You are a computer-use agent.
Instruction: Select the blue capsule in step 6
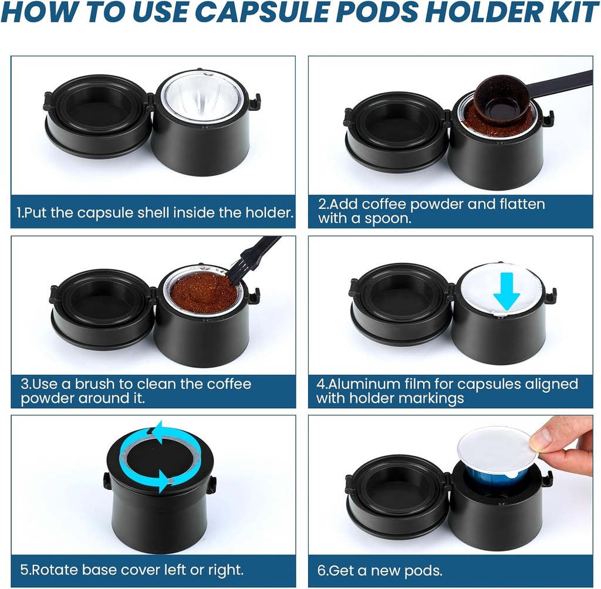point(493,480)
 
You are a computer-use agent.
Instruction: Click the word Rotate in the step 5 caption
point(58,570)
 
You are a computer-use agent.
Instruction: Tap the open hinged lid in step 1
point(97,114)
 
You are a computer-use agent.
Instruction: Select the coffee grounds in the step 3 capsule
point(202,290)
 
